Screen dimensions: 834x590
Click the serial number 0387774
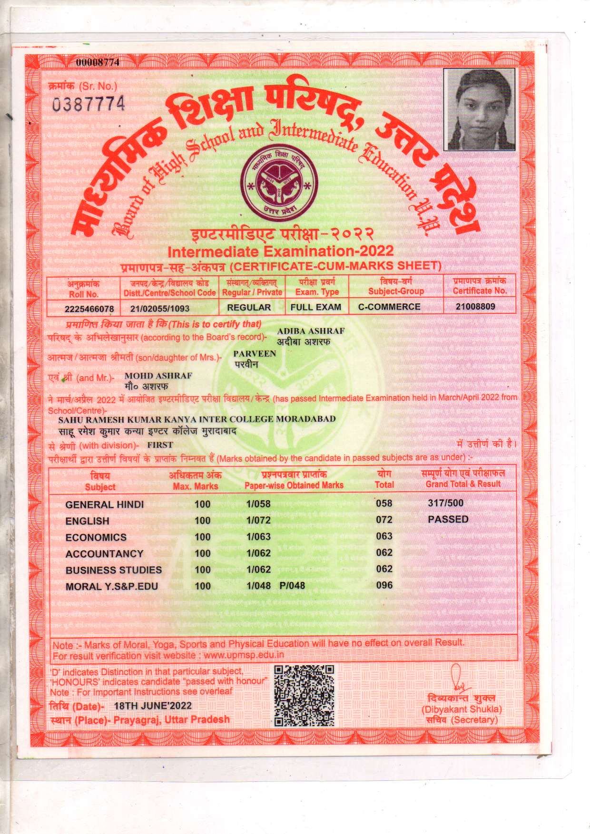pos(88,104)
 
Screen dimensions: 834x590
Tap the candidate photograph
pos(479,110)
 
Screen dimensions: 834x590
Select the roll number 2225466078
pos(89,309)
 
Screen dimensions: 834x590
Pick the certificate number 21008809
pos(475,307)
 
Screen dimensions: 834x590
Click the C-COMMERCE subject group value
pos(389,307)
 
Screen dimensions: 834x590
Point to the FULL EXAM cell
pos(316,307)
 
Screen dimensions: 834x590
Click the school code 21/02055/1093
pos(160,309)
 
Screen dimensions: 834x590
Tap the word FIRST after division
pos(160,445)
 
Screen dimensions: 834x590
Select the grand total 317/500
pos(445,503)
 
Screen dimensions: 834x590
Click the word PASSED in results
pos(448,519)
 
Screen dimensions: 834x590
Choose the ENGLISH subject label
pos(88,521)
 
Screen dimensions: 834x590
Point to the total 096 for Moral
pos(384,585)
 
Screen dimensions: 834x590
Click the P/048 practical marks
pos(292,586)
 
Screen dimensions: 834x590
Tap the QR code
pos(304,695)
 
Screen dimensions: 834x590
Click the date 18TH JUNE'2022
pos(153,706)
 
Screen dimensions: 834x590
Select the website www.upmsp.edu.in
pos(244,656)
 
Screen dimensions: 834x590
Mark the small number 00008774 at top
pos(98,62)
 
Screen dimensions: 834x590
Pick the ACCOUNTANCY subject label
pos(104,554)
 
